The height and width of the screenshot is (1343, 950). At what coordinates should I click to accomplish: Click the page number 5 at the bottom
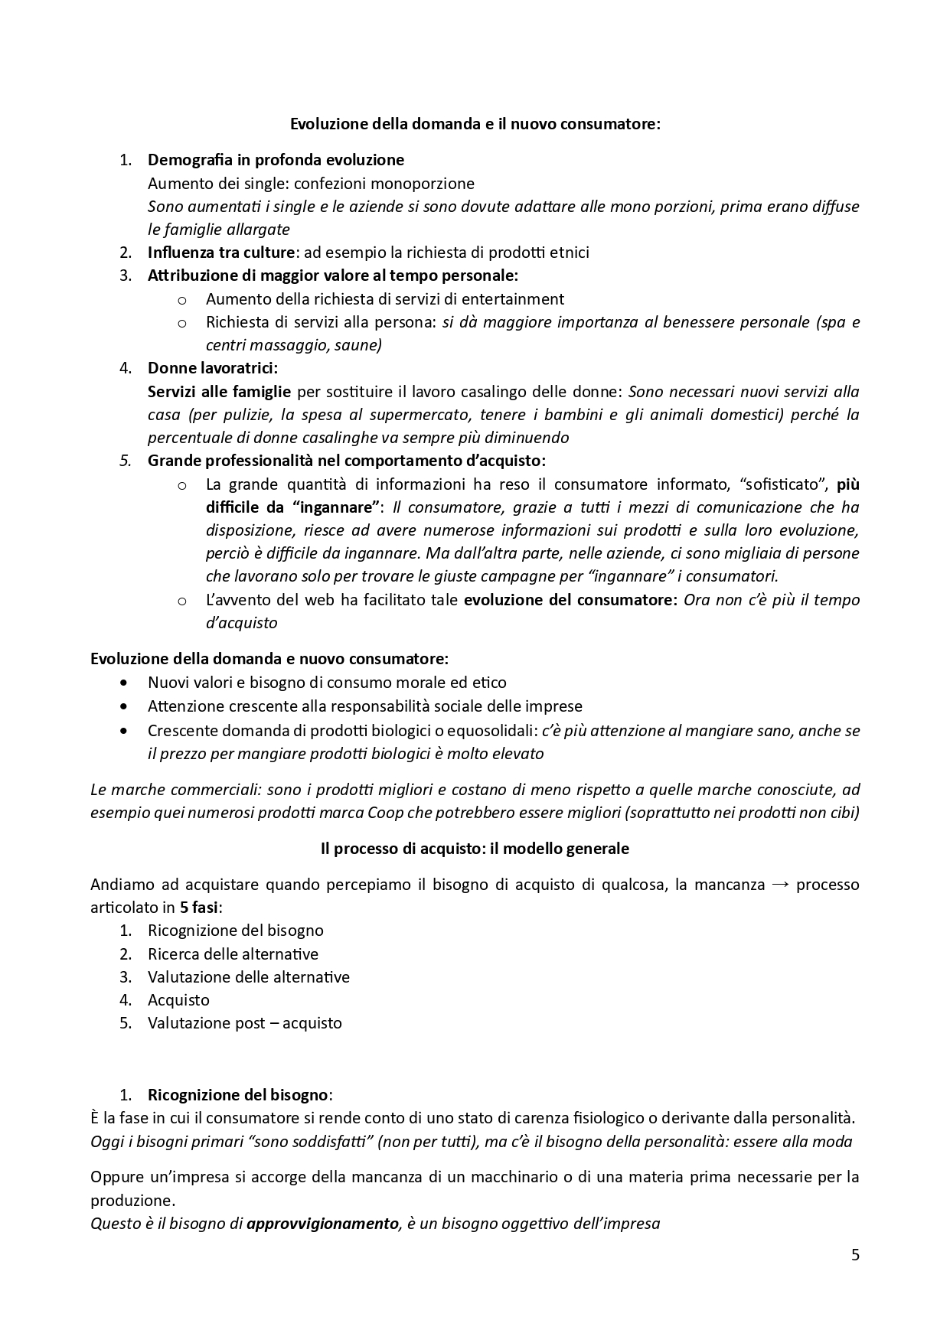click(855, 1255)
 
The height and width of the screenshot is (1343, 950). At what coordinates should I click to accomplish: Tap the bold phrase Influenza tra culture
click(221, 253)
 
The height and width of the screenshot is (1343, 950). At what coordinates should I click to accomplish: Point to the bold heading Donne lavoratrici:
click(213, 368)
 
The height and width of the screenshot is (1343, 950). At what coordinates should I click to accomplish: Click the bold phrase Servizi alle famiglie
click(219, 392)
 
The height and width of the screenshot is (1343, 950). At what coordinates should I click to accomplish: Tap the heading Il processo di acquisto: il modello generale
click(475, 849)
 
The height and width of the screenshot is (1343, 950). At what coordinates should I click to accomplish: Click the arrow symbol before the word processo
click(780, 885)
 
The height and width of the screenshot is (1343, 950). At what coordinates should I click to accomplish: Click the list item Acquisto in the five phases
click(178, 1000)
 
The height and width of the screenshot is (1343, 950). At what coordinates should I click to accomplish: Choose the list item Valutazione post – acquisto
click(244, 1023)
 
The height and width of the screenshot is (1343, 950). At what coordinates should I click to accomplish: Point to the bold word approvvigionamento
click(322, 1224)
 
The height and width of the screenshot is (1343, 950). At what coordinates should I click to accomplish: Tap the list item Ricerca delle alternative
click(233, 954)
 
